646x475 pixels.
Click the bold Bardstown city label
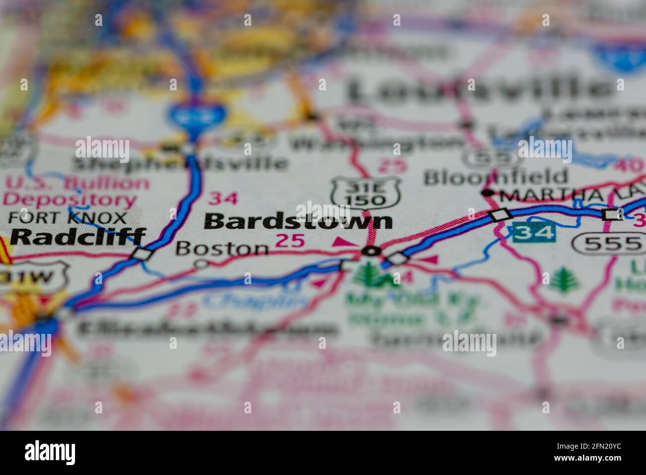point(298,222)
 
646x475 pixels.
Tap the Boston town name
point(222,247)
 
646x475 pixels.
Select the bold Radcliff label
point(78,237)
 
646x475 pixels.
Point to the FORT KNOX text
point(68,218)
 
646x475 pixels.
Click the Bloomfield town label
point(495,176)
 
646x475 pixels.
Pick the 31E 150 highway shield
point(367,192)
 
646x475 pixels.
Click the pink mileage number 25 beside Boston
point(289,241)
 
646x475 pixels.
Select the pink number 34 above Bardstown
point(223,198)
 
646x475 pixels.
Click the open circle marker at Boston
point(201,264)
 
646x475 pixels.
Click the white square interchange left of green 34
point(500,214)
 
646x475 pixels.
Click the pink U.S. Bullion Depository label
point(75,192)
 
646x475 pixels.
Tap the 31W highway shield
point(33,278)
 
